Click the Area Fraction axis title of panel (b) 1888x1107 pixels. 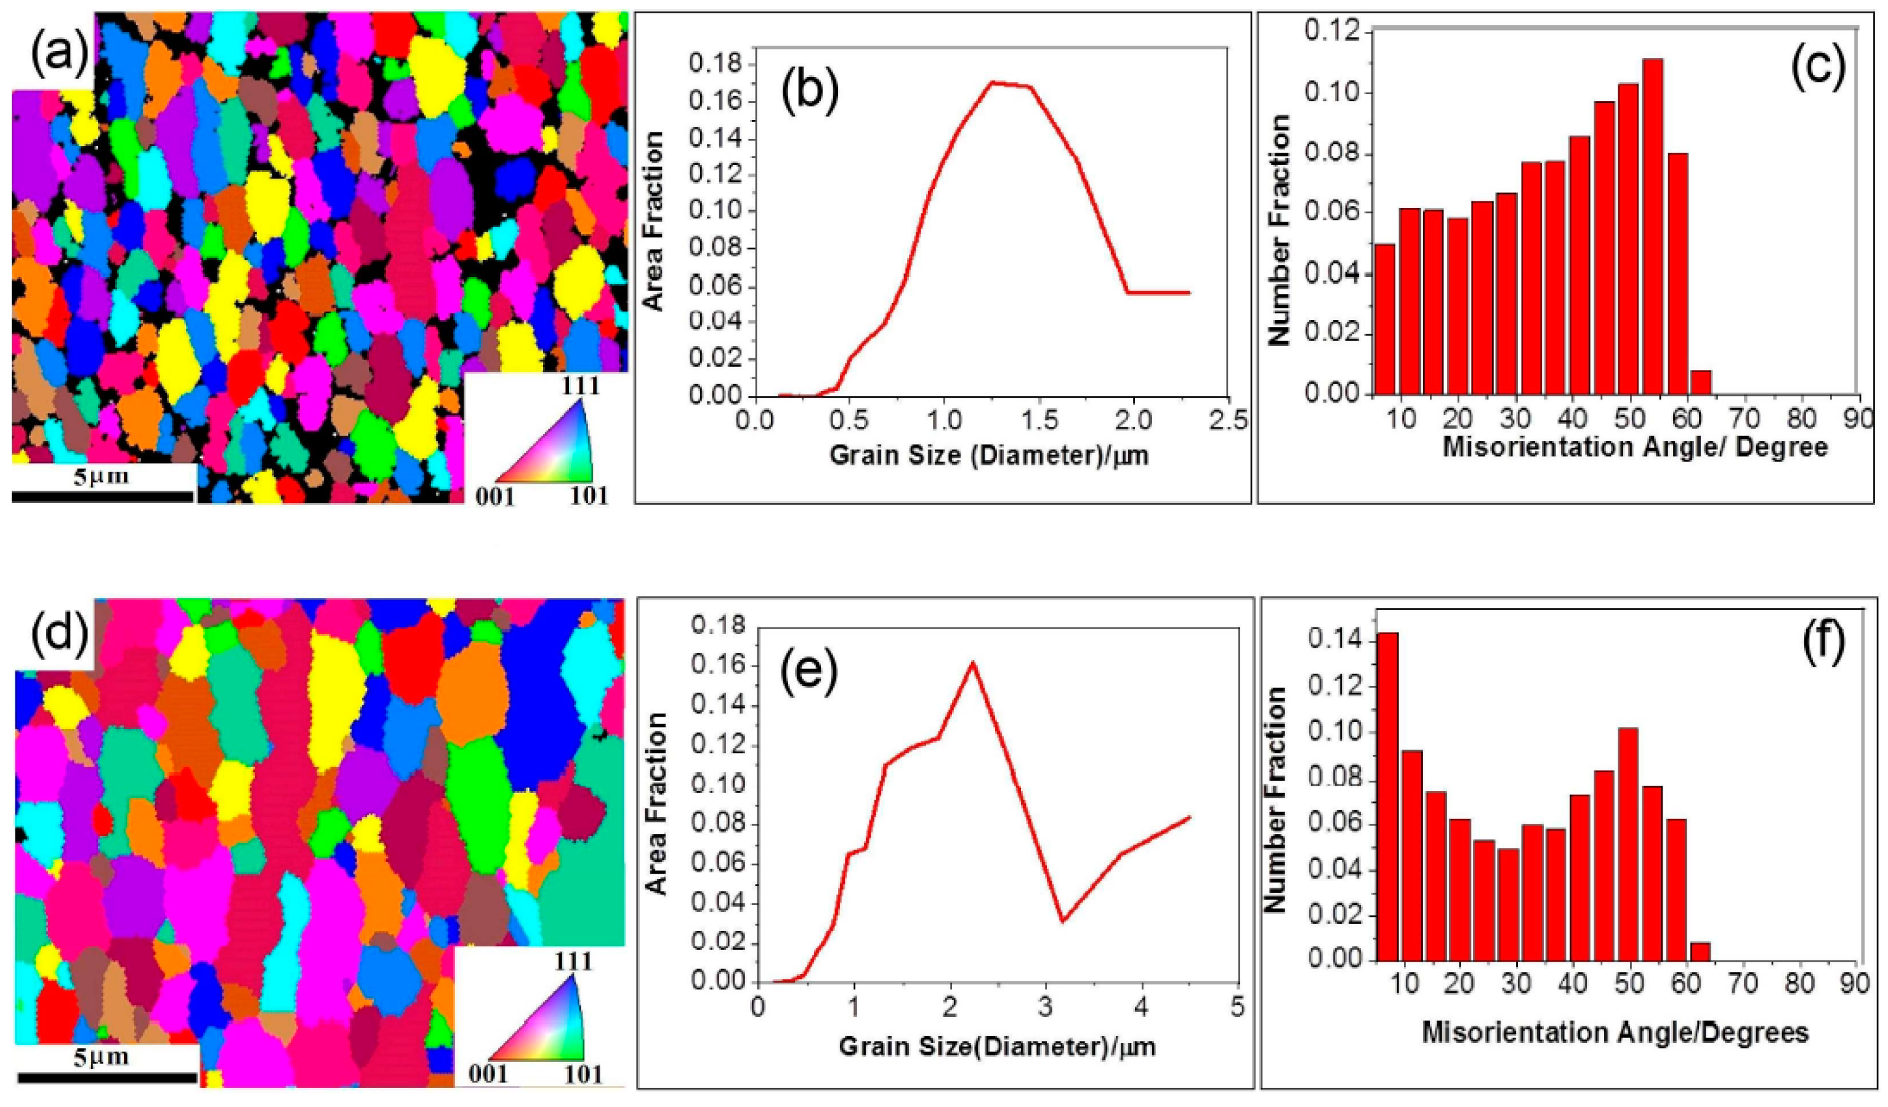pyautogui.click(x=655, y=220)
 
